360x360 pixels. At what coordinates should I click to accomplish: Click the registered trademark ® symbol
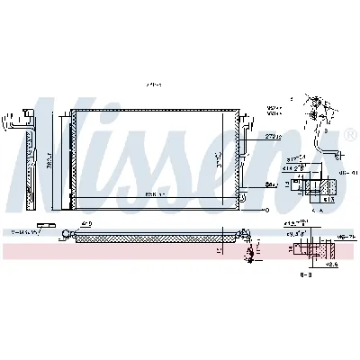(x=349, y=134)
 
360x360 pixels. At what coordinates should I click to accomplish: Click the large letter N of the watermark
(x=45, y=162)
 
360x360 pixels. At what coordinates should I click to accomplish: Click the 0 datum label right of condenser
(x=266, y=209)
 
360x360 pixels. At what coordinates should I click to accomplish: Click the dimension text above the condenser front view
(x=153, y=86)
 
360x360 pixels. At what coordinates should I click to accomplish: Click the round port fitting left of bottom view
(x=65, y=238)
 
